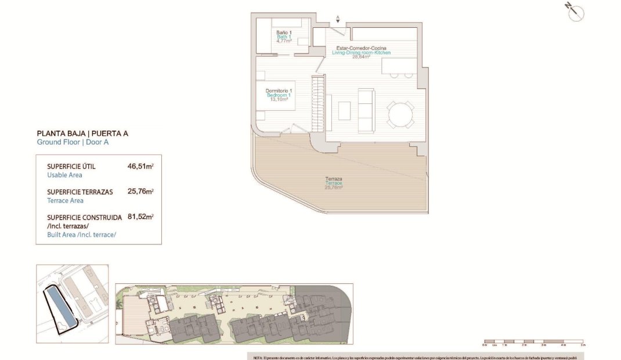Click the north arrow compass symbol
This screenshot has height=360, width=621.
(x=575, y=12)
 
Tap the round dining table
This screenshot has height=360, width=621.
(x=401, y=114)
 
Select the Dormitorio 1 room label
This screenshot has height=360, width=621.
(x=279, y=91)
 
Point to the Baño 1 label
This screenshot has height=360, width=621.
(x=283, y=33)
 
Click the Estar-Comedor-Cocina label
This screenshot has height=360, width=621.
(x=361, y=48)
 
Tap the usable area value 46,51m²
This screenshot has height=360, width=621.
(x=140, y=166)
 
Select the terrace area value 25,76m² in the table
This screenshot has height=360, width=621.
(x=140, y=192)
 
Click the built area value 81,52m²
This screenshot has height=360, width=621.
(x=140, y=217)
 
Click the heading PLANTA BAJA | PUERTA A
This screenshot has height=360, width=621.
(x=82, y=133)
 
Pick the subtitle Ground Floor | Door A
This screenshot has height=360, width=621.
(x=73, y=142)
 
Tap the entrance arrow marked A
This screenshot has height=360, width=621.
(x=338, y=19)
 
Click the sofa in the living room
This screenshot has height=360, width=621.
(x=366, y=110)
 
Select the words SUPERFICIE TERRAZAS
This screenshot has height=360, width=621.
(x=80, y=192)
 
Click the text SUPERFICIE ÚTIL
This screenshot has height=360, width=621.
(x=71, y=167)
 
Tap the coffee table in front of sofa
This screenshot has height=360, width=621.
(x=344, y=110)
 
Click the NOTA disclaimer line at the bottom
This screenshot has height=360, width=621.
(x=415, y=356)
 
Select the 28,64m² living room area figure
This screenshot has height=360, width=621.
(x=361, y=57)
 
